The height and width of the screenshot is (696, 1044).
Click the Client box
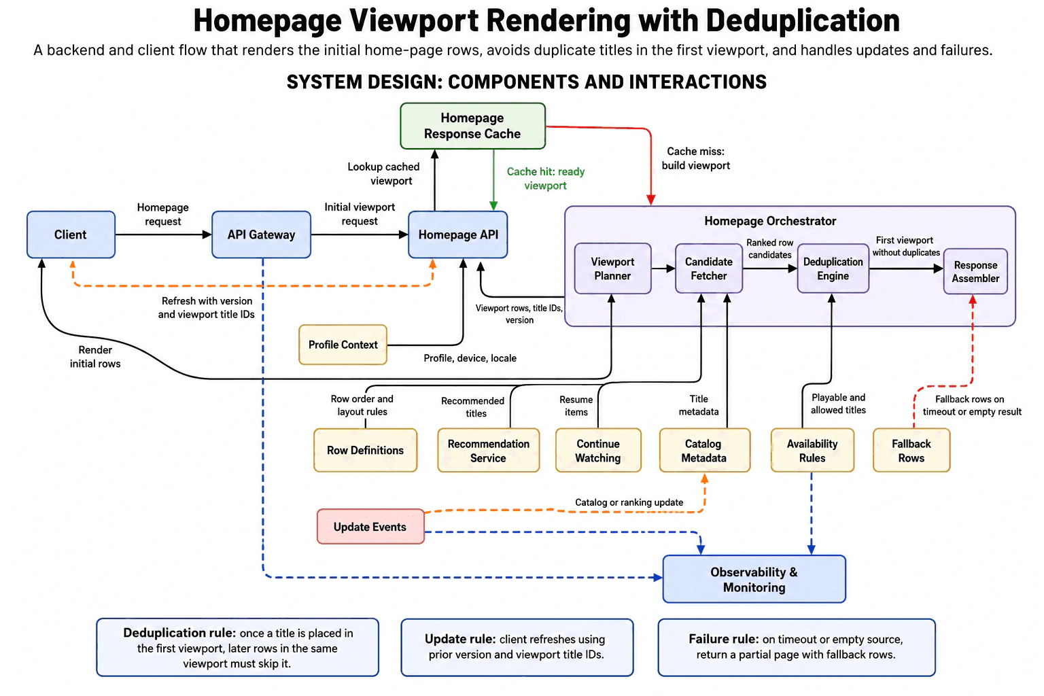tap(71, 234)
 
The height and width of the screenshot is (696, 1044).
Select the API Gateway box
tap(261, 234)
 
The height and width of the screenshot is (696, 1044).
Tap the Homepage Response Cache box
tap(472, 126)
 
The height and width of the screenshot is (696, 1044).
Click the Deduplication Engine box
tap(833, 268)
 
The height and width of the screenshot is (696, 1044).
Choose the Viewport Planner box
tap(612, 268)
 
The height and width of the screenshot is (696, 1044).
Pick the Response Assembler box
tap(975, 271)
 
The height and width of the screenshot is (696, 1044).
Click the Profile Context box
tap(343, 345)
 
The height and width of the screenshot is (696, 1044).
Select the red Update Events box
tap(370, 526)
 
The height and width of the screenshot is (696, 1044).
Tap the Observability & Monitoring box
tap(754, 579)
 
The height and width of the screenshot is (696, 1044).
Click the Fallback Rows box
tap(911, 451)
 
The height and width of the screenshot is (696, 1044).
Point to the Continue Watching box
tap(598, 451)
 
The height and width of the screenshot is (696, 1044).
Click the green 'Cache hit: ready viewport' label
tap(545, 179)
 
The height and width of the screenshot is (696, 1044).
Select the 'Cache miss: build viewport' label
tap(696, 158)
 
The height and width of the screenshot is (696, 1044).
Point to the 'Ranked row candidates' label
tap(769, 249)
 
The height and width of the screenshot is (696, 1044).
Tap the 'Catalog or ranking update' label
tap(629, 502)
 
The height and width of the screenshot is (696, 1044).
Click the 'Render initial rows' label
tap(95, 357)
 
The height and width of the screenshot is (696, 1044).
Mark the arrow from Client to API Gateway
tap(163, 234)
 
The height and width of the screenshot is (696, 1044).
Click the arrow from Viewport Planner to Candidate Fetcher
tap(663, 268)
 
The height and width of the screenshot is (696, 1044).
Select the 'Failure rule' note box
tap(797, 647)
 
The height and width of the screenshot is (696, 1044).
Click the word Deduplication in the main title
tap(803, 20)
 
